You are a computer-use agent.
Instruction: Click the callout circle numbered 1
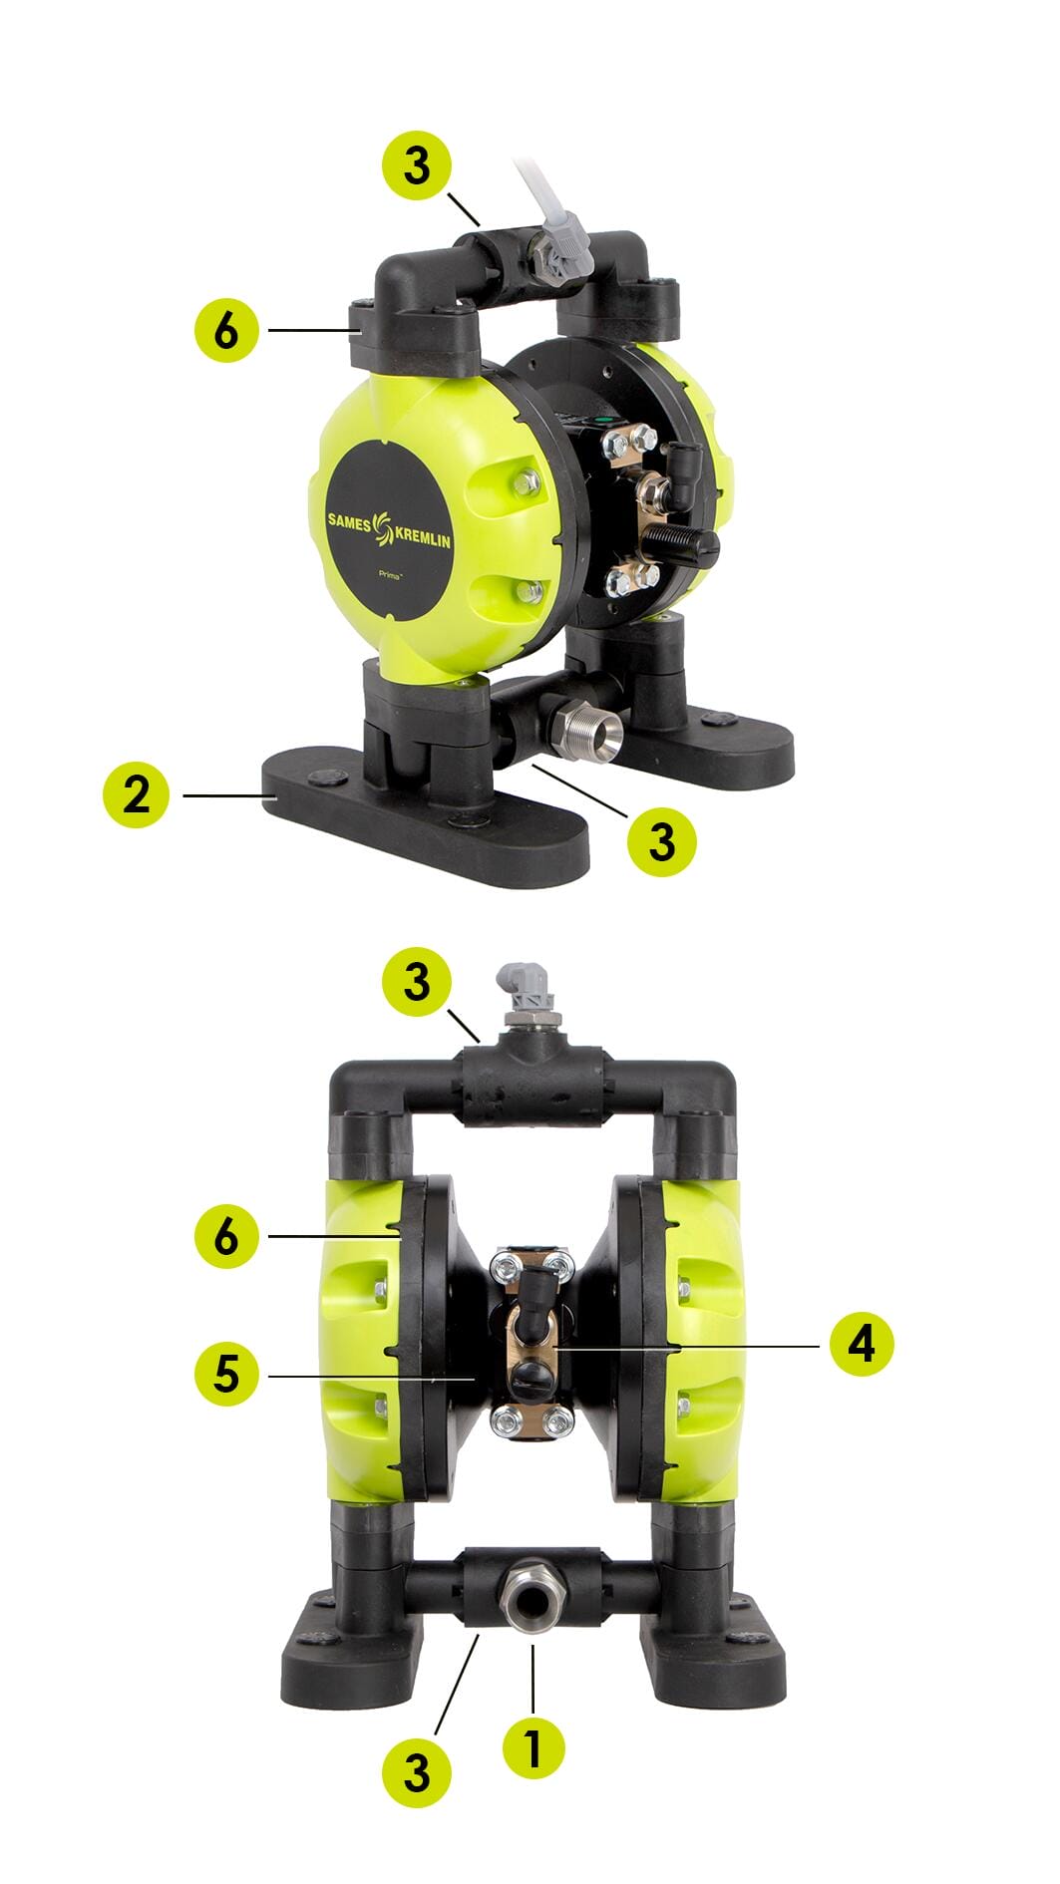coord(532,1747)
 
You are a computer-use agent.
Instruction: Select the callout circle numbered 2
coord(137,794)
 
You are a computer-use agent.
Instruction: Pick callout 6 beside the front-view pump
coord(227,1236)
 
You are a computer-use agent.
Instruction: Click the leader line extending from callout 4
coord(687,1347)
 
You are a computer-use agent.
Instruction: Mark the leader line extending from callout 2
coord(228,795)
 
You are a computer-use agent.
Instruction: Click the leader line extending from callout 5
coord(370,1378)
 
